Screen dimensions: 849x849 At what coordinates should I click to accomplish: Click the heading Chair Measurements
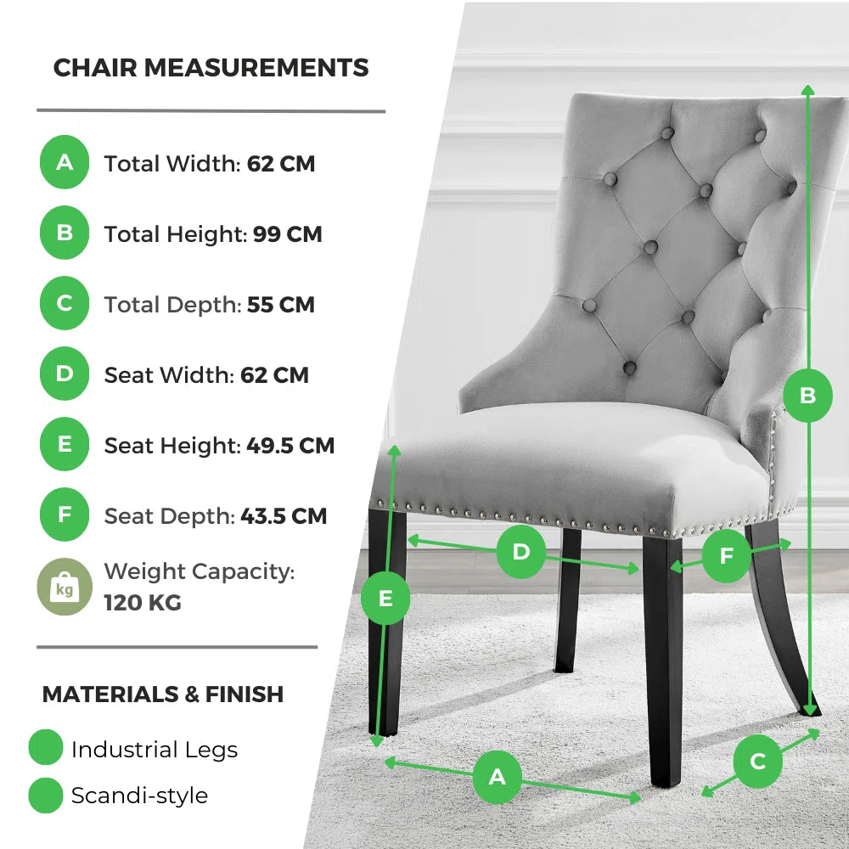[211, 68]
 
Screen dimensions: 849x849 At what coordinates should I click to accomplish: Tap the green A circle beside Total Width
[65, 161]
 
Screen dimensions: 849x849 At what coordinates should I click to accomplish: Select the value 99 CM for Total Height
[288, 234]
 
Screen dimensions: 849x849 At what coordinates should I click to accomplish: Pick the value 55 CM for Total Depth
[281, 305]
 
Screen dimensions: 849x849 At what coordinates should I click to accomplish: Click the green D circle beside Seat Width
[65, 374]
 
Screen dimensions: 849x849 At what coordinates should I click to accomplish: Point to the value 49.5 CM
[290, 445]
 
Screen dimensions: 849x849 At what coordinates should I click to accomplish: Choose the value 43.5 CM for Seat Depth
[284, 515]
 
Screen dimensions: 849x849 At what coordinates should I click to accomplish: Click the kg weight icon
[65, 587]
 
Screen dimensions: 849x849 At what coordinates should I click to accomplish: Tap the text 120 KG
[143, 603]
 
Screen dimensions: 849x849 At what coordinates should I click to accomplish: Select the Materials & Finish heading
[162, 694]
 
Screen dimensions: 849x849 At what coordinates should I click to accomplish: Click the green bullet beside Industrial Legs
[46, 748]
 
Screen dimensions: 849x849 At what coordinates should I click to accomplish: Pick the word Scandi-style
[139, 796]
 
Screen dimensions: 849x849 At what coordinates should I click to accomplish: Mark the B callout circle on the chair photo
[807, 395]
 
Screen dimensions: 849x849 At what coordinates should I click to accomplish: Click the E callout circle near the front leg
[385, 599]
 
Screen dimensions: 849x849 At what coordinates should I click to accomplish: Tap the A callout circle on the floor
[497, 777]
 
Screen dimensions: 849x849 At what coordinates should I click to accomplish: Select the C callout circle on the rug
[758, 761]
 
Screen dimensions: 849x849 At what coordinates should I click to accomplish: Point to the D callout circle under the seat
[520, 553]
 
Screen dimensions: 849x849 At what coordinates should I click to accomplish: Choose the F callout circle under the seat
[727, 556]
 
